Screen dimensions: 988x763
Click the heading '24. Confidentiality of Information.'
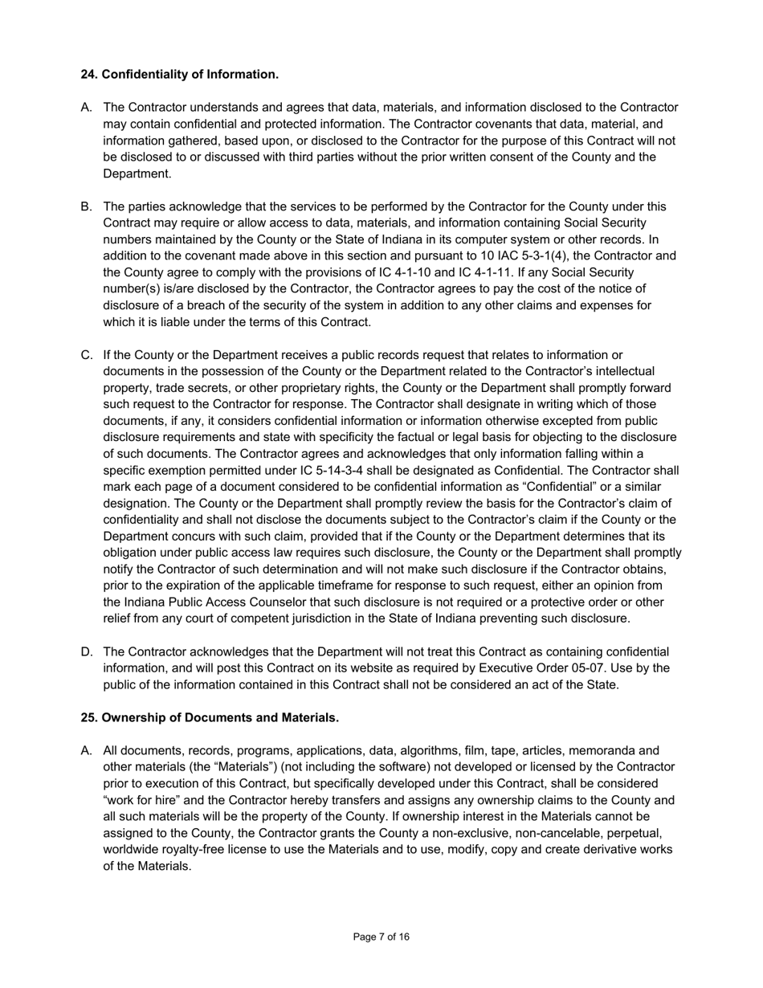179,75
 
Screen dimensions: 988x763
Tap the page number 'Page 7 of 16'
381,937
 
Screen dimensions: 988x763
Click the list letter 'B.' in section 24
87,207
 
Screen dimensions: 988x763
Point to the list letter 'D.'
87,651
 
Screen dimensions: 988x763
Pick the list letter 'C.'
87,355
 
